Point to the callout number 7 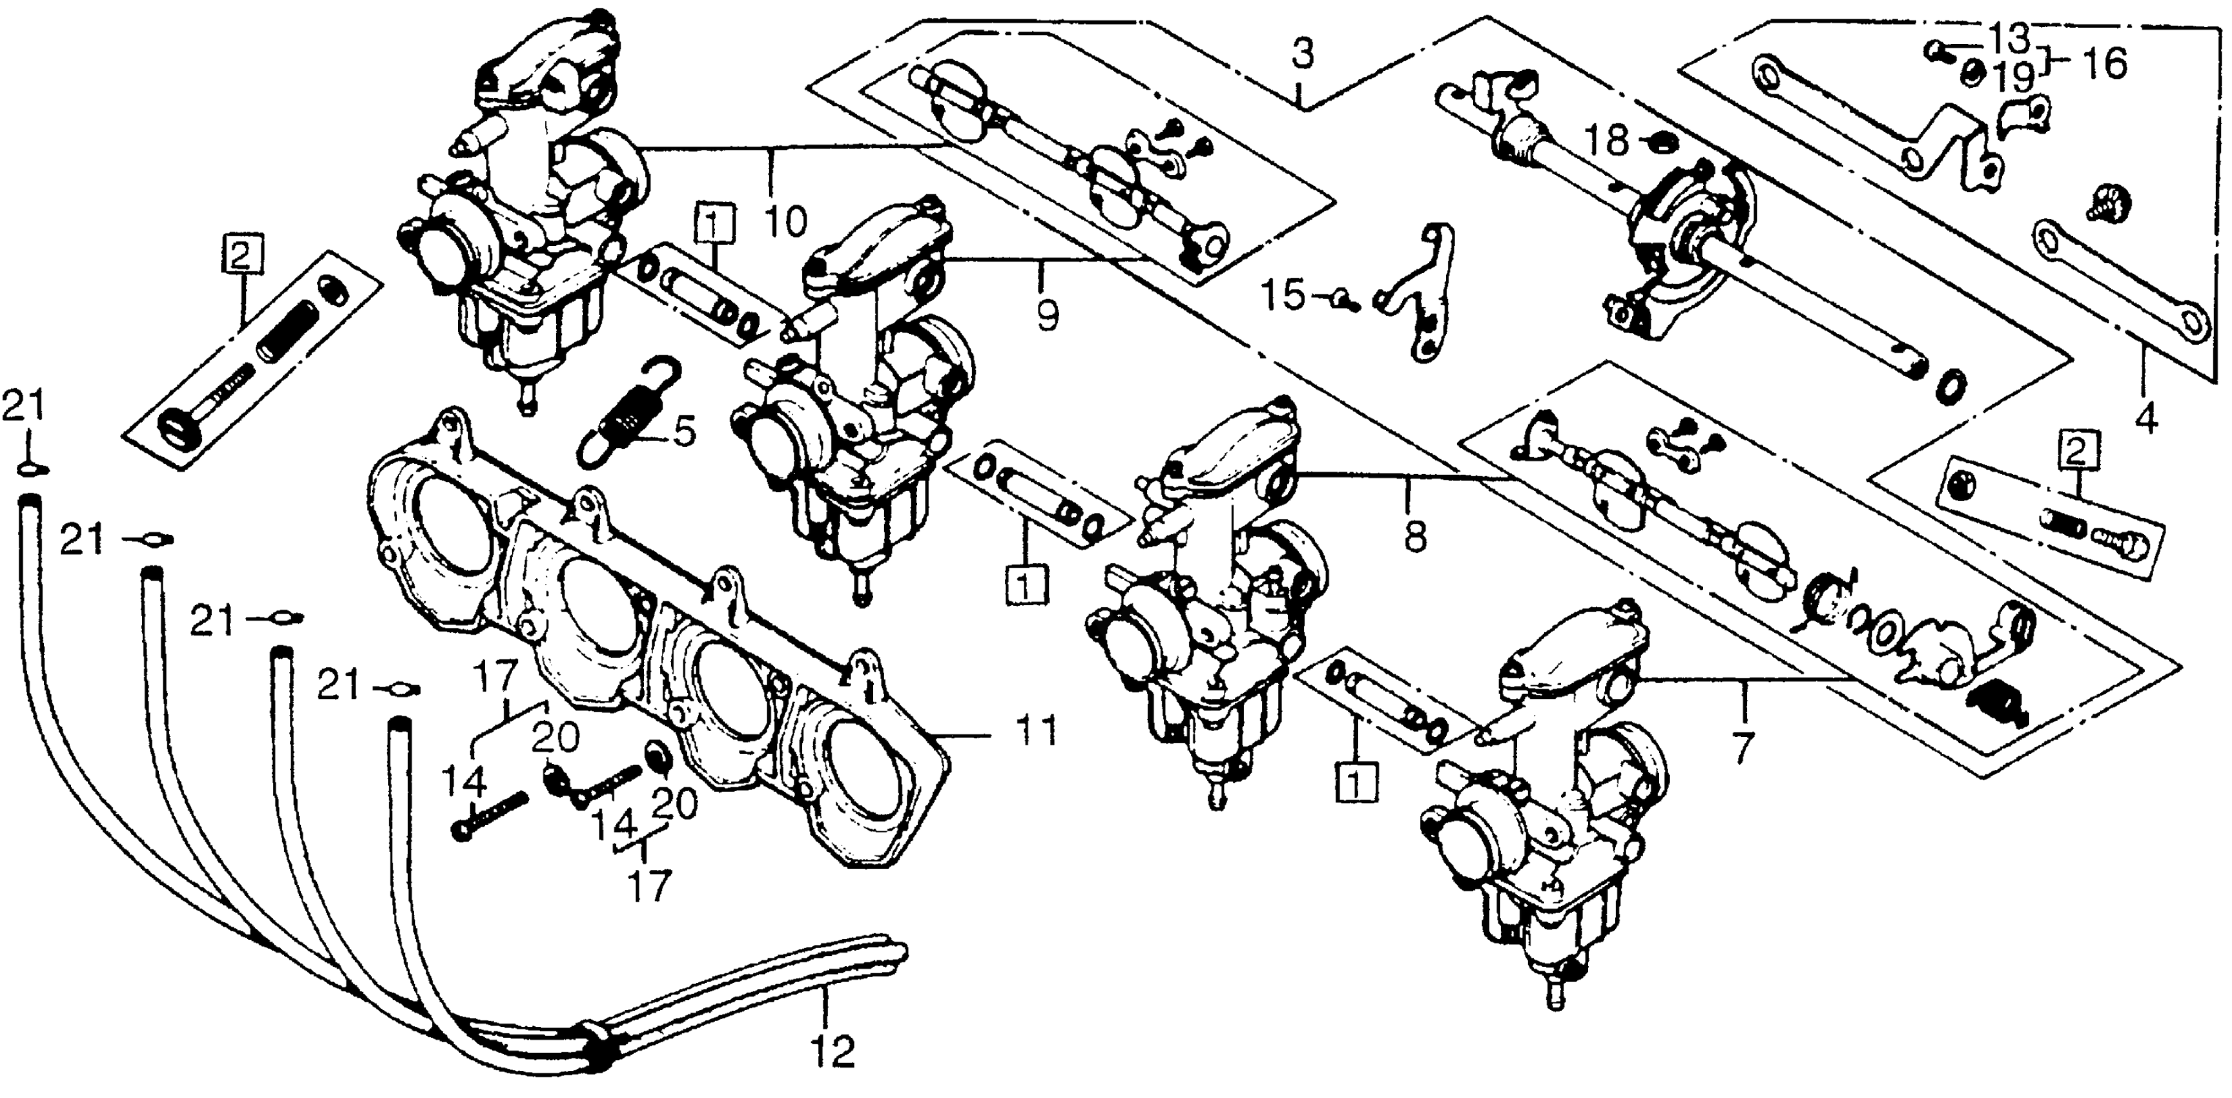tap(1742, 746)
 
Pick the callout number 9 tap(1047, 315)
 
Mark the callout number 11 tap(1037, 732)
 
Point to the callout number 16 tap(2105, 63)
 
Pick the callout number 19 tap(2009, 79)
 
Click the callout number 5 tap(684, 431)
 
